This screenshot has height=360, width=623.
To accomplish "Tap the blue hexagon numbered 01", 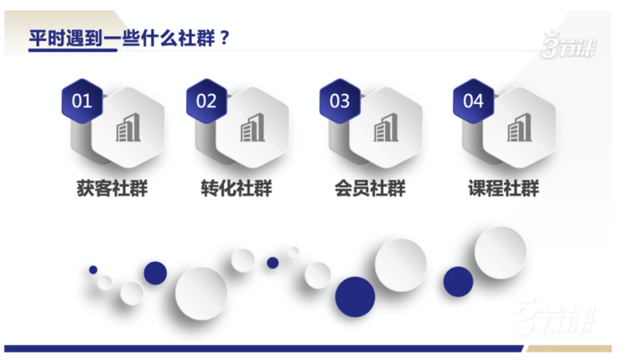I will [x=82, y=101].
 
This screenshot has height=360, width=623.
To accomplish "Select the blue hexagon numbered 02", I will [x=206, y=101].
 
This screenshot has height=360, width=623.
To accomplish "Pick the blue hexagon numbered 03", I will [x=339, y=101].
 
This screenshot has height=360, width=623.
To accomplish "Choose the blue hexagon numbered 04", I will [x=473, y=101].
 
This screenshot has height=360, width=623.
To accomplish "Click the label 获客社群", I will [x=112, y=189].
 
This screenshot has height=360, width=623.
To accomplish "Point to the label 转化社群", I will [x=236, y=189].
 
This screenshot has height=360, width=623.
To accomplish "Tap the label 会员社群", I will [x=370, y=189].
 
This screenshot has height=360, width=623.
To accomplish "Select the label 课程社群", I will [x=504, y=189].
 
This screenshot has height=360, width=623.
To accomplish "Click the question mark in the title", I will [x=225, y=38].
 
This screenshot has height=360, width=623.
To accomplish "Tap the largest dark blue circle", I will [x=355, y=296].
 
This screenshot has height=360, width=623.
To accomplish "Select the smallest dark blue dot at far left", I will [x=93, y=269].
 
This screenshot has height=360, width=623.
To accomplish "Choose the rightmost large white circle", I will [x=500, y=252].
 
